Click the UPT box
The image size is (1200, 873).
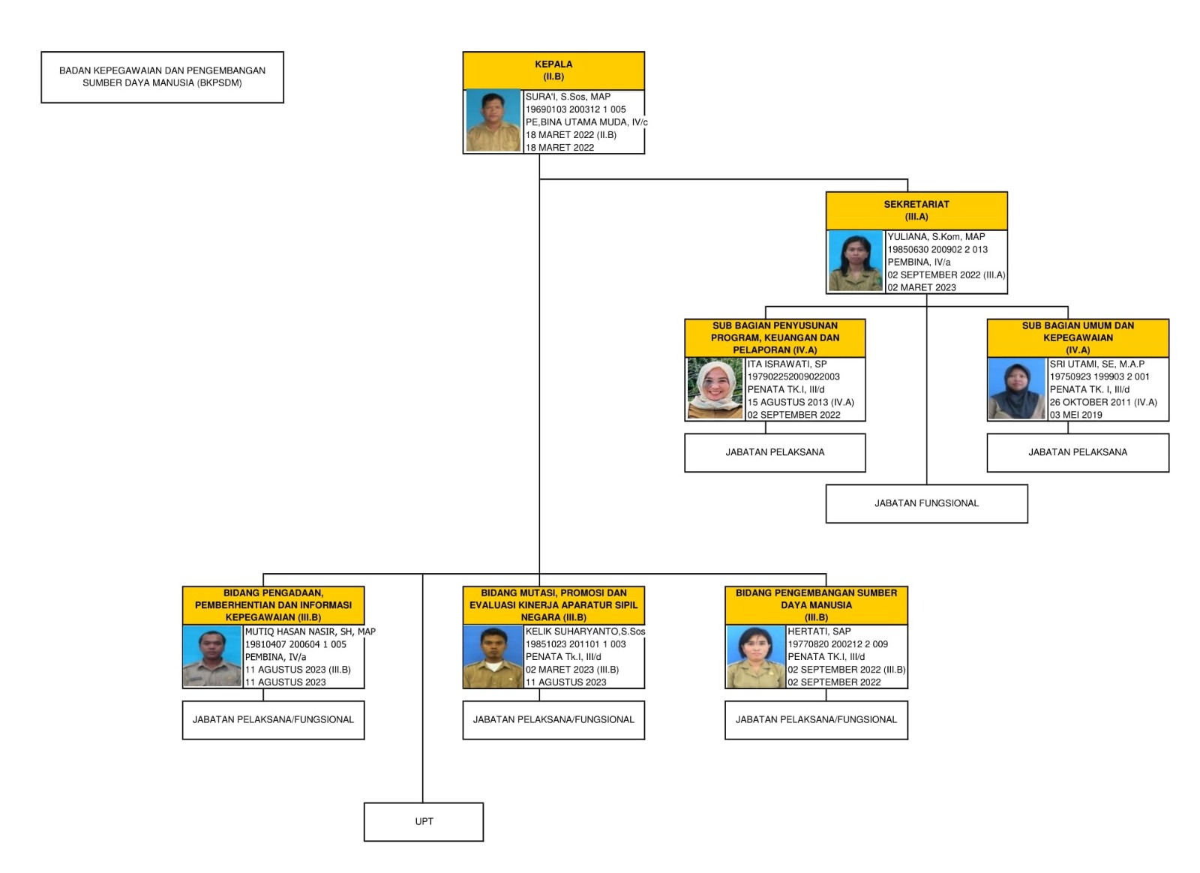(424, 821)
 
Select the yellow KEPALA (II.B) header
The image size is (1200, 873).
(553, 70)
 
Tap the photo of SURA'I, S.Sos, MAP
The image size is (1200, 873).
(493, 121)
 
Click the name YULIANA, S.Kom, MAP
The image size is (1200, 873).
(936, 236)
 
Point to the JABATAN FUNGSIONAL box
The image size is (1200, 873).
(926, 503)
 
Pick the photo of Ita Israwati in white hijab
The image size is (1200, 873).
(715, 388)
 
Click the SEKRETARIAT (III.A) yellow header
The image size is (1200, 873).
(916, 210)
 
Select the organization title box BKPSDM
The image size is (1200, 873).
(162, 76)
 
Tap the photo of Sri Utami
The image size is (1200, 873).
(1016, 388)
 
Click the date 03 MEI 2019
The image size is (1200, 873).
(1075, 415)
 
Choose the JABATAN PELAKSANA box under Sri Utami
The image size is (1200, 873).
(1078, 452)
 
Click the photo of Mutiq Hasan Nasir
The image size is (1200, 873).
(212, 657)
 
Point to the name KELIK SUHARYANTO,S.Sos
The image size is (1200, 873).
(585, 631)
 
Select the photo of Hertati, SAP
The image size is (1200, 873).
(755, 657)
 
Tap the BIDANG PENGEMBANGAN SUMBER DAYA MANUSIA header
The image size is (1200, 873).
(816, 604)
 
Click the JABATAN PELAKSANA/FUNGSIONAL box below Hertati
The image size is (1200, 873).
(816, 719)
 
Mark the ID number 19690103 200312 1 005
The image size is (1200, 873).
(575, 109)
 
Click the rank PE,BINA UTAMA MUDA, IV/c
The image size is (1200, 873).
(586, 122)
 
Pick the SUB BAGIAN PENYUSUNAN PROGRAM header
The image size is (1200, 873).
(775, 337)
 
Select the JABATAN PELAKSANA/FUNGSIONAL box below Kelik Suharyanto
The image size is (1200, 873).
(553, 719)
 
